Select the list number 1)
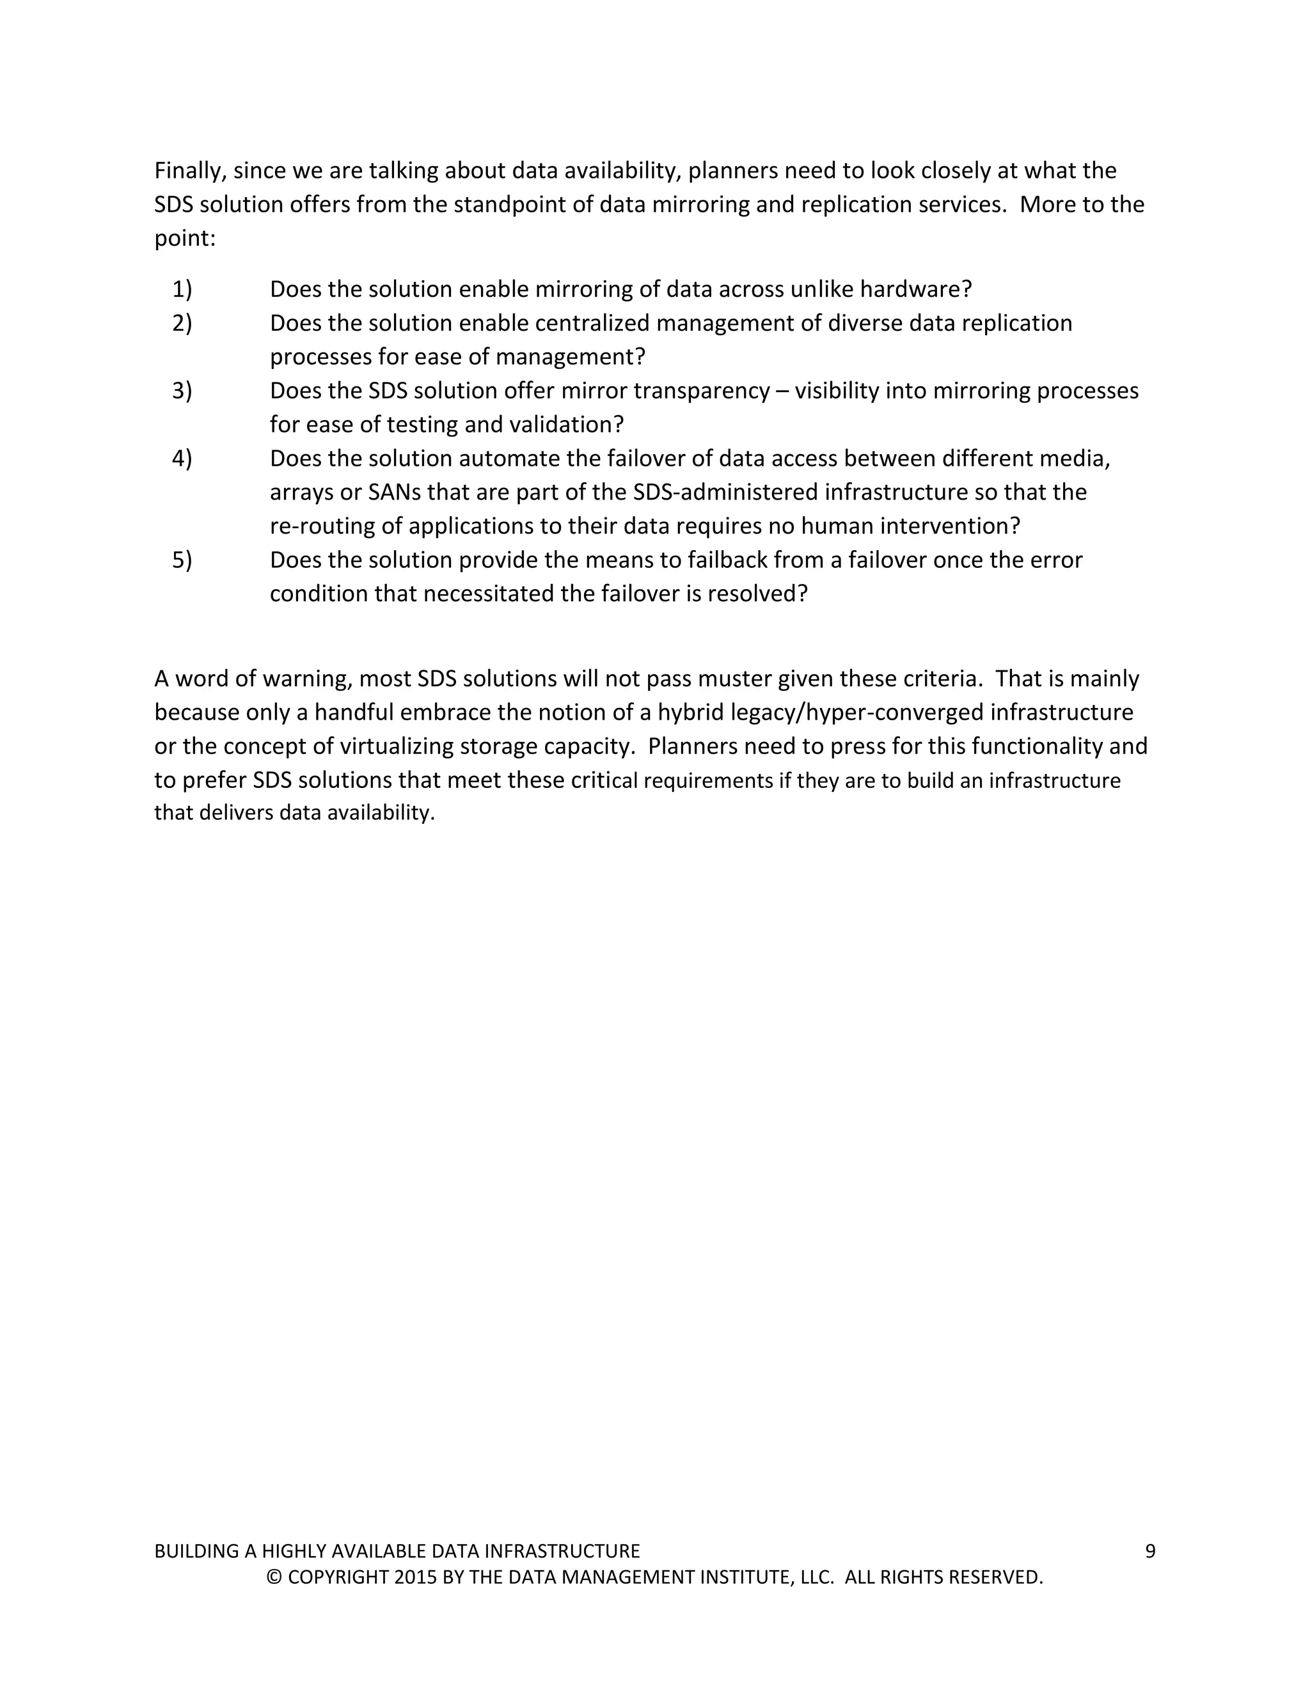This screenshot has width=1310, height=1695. [182, 290]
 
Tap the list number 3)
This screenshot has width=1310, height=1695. [182, 391]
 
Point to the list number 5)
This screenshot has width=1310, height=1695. [182, 560]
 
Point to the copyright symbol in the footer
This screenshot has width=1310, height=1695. [273, 1578]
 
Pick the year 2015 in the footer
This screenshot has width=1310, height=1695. [415, 1578]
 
